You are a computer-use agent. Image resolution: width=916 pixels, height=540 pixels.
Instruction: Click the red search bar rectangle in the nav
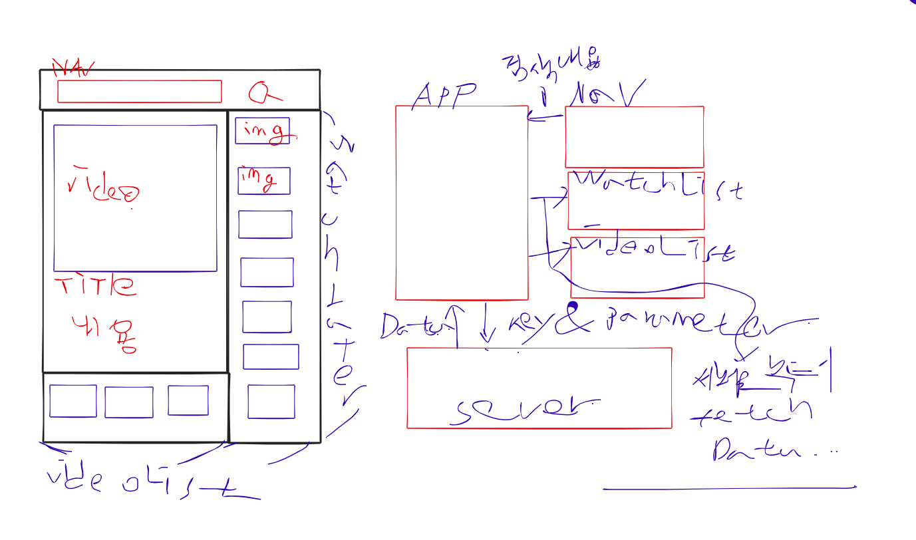click(139, 92)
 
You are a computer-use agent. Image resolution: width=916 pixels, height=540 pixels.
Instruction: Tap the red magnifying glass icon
click(261, 94)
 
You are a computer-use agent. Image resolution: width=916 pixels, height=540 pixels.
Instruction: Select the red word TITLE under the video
click(95, 285)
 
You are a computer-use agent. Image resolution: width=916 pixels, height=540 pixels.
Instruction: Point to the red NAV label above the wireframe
click(73, 67)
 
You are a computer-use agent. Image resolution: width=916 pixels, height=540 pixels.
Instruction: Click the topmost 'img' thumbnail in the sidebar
click(263, 131)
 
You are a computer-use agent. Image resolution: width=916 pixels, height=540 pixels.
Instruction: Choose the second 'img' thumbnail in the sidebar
click(263, 181)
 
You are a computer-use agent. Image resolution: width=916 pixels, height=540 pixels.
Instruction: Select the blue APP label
click(444, 96)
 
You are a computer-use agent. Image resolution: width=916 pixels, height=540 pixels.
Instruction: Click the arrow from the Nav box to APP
click(545, 118)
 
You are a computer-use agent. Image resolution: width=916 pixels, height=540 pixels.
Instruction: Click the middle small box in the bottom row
click(129, 402)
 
